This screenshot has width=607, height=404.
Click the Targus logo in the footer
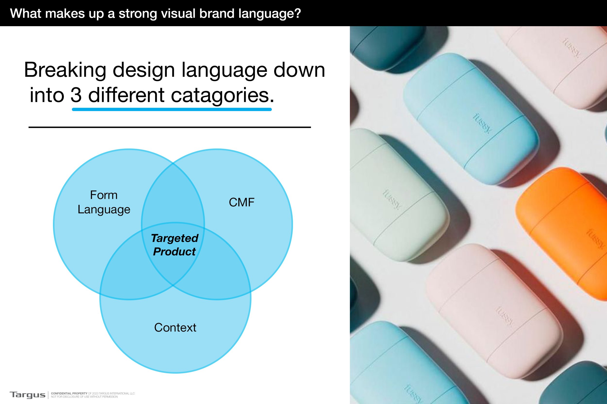27,395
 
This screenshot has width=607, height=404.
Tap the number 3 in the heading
76,95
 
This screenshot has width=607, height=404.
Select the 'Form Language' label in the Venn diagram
104,202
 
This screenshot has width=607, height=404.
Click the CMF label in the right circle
242,203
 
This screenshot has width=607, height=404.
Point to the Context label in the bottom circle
175,328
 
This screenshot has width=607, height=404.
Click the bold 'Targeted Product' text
175,245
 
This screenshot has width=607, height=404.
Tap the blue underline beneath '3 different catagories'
172,110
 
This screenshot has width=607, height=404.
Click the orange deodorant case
563,232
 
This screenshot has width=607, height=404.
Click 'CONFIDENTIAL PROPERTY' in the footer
69,393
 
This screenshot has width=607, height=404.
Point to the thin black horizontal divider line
169,127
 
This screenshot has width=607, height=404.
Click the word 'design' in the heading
144,70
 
